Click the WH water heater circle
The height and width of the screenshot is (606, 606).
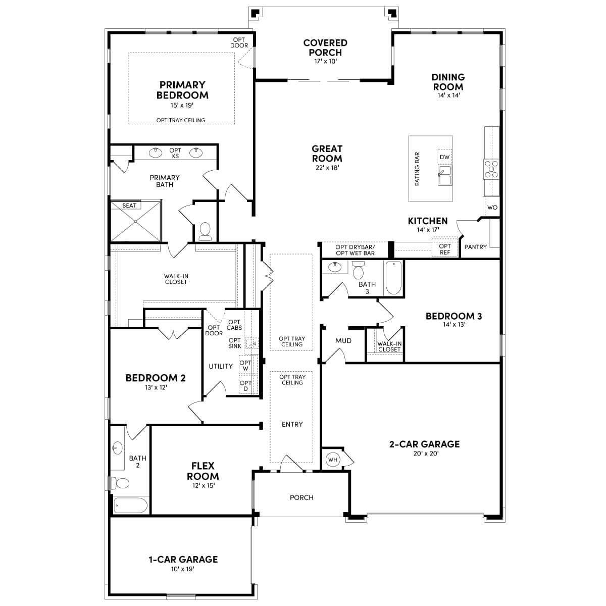tap(332, 460)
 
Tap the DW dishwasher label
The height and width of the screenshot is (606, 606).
tap(444, 157)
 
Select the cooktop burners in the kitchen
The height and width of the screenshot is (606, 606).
tap(491, 169)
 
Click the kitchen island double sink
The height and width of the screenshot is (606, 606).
tap(445, 175)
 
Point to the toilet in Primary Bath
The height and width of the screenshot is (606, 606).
tap(205, 231)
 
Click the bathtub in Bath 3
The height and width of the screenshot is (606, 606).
tap(393, 278)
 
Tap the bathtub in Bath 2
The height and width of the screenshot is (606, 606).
tap(130, 505)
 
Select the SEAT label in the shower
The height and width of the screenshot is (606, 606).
tap(129, 206)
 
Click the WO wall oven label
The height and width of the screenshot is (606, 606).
tap(492, 207)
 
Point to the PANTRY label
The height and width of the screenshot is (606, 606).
tap(476, 247)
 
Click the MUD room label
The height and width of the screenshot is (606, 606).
tap(343, 340)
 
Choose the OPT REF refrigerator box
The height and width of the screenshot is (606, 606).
tap(445, 249)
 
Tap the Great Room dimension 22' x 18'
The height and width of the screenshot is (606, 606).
tap(327, 168)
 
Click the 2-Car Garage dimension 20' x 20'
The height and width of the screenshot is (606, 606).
tap(426, 453)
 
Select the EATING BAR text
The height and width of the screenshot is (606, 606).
tap(417, 169)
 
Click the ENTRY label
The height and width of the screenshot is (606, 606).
tap(292, 424)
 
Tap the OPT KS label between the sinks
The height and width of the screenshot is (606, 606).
tap(175, 153)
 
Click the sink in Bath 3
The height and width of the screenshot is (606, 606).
tap(335, 267)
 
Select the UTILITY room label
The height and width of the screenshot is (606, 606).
tap(221, 366)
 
